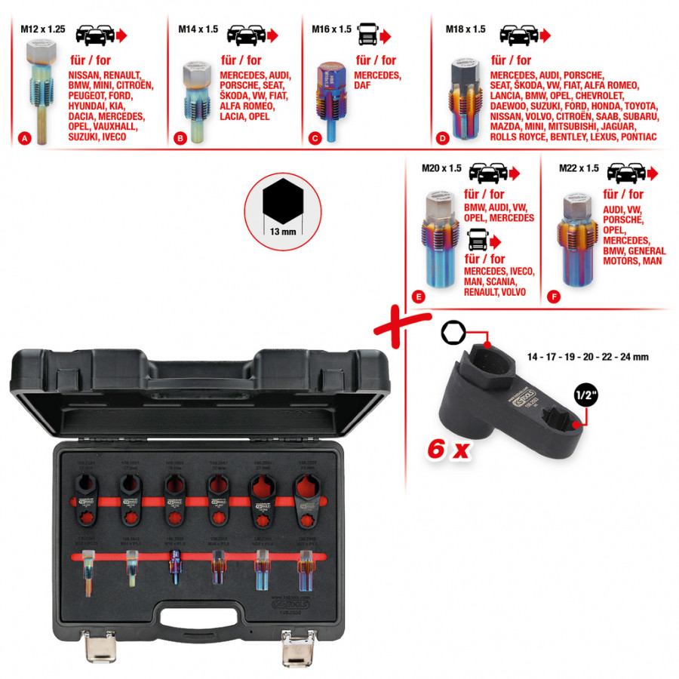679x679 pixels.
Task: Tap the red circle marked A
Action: tap(26, 139)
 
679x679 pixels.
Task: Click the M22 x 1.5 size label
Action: tap(578, 168)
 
